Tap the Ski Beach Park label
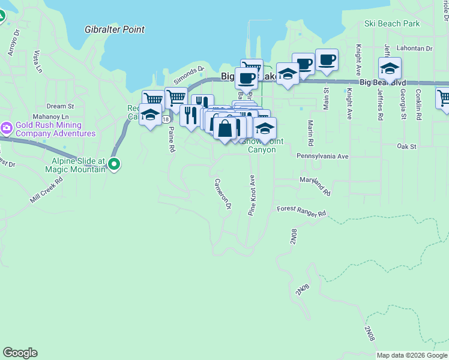click(x=392, y=24)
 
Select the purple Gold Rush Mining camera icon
click(x=7, y=127)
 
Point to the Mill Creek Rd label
click(x=46, y=190)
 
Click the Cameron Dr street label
click(x=223, y=193)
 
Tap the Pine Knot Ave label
click(x=252, y=195)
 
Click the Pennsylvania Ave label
click(x=322, y=155)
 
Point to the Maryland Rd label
click(x=315, y=186)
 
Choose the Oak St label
click(x=406, y=146)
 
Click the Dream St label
click(x=60, y=106)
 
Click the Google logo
click(x=20, y=353)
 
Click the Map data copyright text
click(x=411, y=355)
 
